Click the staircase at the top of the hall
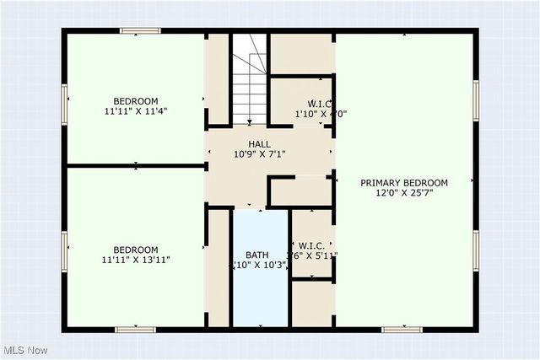[x=249, y=78]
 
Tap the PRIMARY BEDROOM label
[x=404, y=183]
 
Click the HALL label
[x=259, y=144]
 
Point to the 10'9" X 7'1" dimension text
[x=259, y=155]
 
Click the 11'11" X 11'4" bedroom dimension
[x=136, y=110]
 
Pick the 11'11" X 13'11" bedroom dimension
[x=136, y=261]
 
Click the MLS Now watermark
[x=24, y=350]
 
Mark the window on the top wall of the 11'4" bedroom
[x=140, y=31]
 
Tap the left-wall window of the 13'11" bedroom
[x=64, y=251]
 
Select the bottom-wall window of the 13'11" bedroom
[x=135, y=329]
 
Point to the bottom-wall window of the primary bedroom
[x=402, y=329]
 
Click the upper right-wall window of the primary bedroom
[x=475, y=99]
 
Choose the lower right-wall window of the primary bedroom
[x=475, y=250]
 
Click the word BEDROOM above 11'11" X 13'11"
[x=136, y=250]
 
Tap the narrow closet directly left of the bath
[x=219, y=267]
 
